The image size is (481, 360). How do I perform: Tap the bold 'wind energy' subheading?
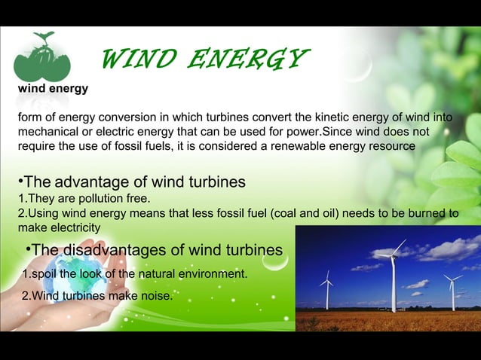53,89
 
